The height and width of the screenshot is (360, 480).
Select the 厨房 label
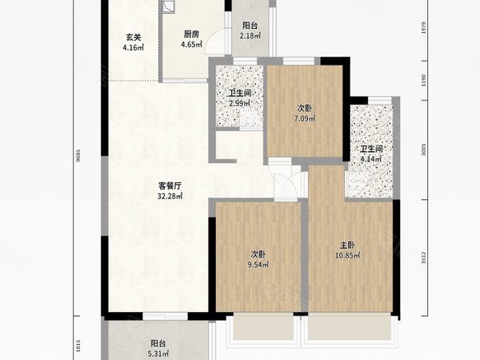[x=191, y=34]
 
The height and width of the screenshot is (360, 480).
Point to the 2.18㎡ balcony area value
[x=250, y=37]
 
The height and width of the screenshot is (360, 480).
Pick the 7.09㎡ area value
[x=305, y=118]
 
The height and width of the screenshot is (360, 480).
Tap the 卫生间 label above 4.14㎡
[x=372, y=149]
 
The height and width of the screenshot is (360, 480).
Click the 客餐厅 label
[x=170, y=186]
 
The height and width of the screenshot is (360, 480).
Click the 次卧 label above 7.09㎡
[x=305, y=108]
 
